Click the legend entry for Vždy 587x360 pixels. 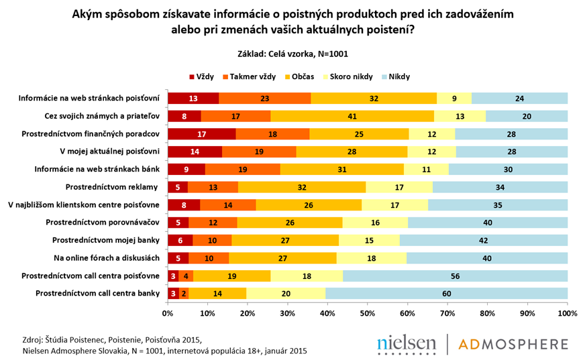click(204, 76)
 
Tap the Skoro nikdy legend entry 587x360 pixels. click(348, 76)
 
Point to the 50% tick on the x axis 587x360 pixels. click(367, 313)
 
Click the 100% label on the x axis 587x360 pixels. click(568, 313)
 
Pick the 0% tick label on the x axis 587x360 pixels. click(167, 313)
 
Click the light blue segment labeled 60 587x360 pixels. click(446, 292)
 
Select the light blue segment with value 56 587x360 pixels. click(456, 275)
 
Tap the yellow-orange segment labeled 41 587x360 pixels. click(352, 115)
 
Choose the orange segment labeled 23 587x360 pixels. click(265, 98)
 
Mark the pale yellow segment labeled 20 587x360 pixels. click(286, 292)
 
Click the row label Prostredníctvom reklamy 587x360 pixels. click(112, 186)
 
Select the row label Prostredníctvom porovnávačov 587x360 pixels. click(102, 221)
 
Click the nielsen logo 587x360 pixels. click(407, 344)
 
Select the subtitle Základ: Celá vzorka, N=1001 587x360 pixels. click(293, 54)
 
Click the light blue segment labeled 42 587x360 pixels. click(484, 239)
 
